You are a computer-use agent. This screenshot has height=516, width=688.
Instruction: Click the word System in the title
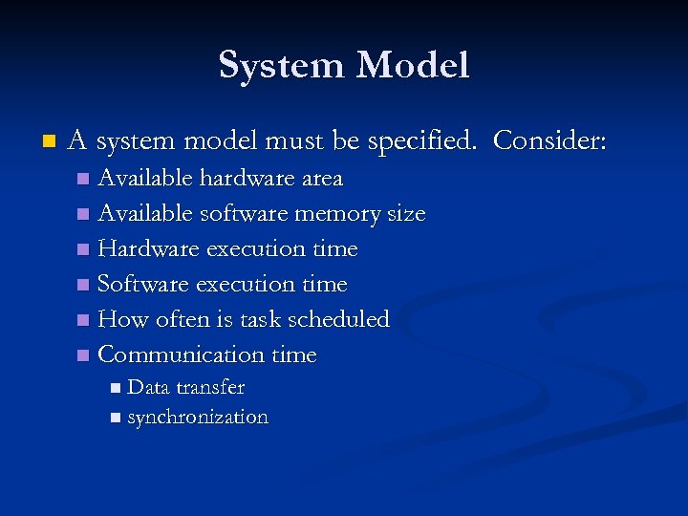coord(282,66)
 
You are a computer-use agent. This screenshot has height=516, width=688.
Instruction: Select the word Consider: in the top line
coord(549,142)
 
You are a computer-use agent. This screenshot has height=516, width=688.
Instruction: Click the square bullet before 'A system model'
coord(50,142)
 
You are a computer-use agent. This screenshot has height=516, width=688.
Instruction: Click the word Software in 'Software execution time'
coord(143,285)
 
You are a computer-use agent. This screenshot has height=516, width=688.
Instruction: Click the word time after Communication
coord(294,355)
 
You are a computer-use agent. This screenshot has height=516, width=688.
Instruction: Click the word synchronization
coord(198,418)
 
